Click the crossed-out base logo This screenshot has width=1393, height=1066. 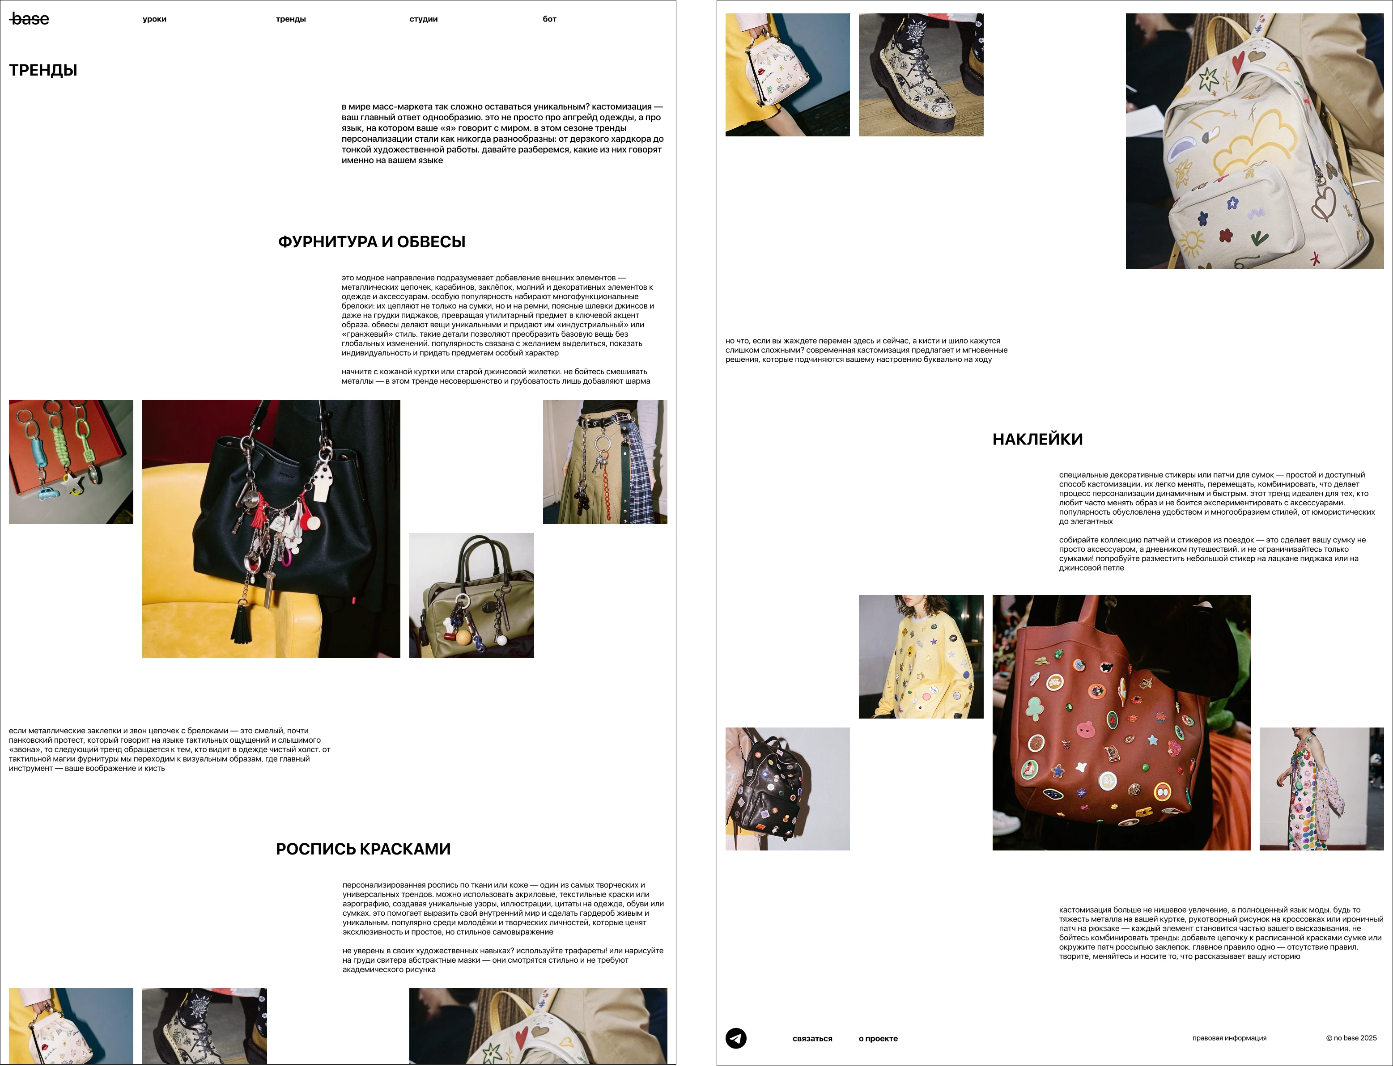(29, 19)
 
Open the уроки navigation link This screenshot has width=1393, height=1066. (154, 19)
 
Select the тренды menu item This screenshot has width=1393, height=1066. (291, 19)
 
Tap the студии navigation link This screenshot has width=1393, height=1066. (423, 19)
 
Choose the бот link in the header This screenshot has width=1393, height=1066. (550, 19)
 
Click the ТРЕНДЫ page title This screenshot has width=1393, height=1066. (43, 70)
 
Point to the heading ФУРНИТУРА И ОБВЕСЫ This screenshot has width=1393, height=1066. (372, 242)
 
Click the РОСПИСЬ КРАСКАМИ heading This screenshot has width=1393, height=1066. (363, 849)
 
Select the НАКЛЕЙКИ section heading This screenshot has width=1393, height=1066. (1038, 439)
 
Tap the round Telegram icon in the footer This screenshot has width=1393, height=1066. (736, 1038)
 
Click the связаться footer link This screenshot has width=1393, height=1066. (812, 1039)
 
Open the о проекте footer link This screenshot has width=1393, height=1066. (878, 1039)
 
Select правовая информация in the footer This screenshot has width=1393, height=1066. (1229, 1038)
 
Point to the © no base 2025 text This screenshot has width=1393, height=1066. (1351, 1038)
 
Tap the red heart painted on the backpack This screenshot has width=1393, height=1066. (1238, 62)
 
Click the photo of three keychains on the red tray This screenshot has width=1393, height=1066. (71, 462)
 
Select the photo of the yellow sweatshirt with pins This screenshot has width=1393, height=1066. (921, 657)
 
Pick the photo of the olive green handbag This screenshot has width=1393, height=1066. (471, 595)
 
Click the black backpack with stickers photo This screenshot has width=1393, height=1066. (788, 789)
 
